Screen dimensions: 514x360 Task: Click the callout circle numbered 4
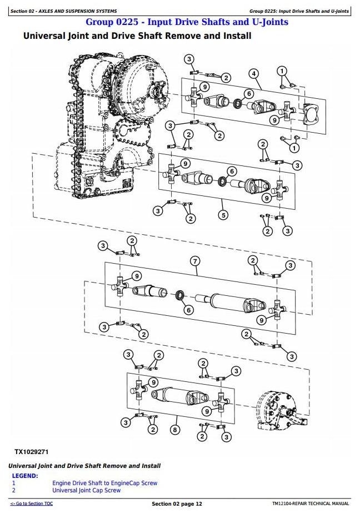click(x=253, y=74)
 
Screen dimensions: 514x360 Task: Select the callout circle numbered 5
click(x=223, y=215)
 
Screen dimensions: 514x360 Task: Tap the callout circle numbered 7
click(x=195, y=261)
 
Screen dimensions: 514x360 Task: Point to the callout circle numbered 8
click(x=176, y=429)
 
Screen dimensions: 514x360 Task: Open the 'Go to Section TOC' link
click(x=32, y=503)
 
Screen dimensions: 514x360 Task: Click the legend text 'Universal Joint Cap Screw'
click(x=86, y=490)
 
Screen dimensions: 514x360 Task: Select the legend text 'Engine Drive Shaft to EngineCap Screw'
click(x=104, y=483)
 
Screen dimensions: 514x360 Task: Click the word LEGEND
click(x=25, y=476)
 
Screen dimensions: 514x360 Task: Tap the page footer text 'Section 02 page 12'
click(x=177, y=503)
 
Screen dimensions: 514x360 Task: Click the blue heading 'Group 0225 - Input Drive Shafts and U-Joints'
click(x=187, y=22)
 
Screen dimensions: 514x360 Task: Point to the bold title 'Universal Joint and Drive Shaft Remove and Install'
click(x=137, y=36)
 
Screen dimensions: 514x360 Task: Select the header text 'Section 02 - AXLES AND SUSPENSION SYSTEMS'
click(x=64, y=11)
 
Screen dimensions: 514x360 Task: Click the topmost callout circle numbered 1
click(x=282, y=71)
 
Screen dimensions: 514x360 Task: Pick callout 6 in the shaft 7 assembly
click(x=188, y=310)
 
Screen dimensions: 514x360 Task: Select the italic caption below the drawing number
click(x=84, y=466)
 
